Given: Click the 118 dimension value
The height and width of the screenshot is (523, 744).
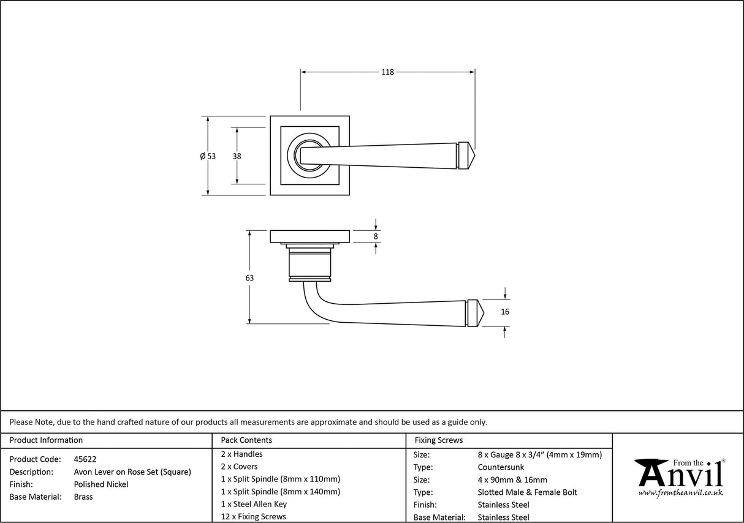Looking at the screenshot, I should (387, 72).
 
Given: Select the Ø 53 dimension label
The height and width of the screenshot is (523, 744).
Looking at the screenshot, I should (208, 156).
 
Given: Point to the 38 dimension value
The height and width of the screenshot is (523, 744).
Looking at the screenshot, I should (237, 156).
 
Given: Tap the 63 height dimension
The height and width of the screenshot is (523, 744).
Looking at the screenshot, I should (249, 277).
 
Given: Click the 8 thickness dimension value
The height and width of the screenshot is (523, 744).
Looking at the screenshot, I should (376, 236).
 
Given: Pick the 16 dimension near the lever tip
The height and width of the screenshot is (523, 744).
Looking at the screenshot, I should (504, 312).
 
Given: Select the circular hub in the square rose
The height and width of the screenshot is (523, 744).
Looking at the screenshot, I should (305, 156).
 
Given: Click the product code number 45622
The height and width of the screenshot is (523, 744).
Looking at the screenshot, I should (85, 459).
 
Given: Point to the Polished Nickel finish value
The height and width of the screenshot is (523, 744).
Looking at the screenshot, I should (101, 484).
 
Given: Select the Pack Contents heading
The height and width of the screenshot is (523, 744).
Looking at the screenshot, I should (246, 440).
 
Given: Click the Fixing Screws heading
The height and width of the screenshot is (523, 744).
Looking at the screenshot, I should (439, 440).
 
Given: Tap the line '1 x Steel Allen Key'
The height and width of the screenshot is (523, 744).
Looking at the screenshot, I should (254, 504).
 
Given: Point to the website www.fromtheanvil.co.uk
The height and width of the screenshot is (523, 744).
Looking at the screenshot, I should (680, 492).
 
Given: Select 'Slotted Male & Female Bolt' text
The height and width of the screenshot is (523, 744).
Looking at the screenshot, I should (527, 492).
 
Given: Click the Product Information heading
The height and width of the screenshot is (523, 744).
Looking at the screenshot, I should (46, 440).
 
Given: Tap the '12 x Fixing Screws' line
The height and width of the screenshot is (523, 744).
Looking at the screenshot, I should (253, 517).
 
